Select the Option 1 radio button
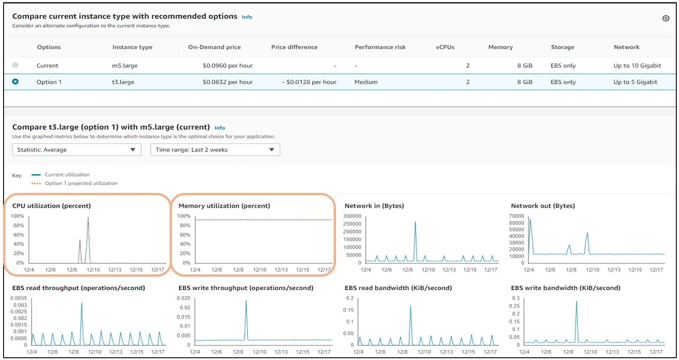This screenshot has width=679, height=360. click(x=16, y=82)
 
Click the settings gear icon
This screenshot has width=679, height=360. click(x=666, y=18)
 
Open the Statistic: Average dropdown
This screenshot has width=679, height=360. click(x=77, y=150)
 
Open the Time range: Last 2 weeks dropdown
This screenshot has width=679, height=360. click(x=215, y=150)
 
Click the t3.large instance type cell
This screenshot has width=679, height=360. click(x=123, y=82)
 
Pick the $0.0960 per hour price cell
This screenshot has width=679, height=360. click(x=228, y=65)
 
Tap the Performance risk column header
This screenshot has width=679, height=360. click(x=380, y=47)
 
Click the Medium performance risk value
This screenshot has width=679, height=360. click(x=366, y=82)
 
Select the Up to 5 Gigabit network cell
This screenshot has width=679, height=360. click(x=635, y=82)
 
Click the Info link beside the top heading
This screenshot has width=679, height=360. click(x=247, y=17)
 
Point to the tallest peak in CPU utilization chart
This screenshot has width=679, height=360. click(x=88, y=218)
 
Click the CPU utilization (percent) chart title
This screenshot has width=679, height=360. click(x=52, y=206)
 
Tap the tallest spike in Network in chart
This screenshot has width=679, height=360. click(x=415, y=222)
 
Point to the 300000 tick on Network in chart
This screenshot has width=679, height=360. click(x=352, y=216)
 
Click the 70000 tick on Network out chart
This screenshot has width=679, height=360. click(x=516, y=216)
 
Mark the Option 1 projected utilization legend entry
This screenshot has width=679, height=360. click(x=81, y=183)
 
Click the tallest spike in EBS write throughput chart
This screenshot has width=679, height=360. click(x=246, y=301)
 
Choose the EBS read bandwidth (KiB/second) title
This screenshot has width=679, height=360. click(x=398, y=288)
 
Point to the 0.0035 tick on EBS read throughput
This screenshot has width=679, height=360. click(x=19, y=298)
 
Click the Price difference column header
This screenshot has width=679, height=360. click(x=295, y=47)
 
